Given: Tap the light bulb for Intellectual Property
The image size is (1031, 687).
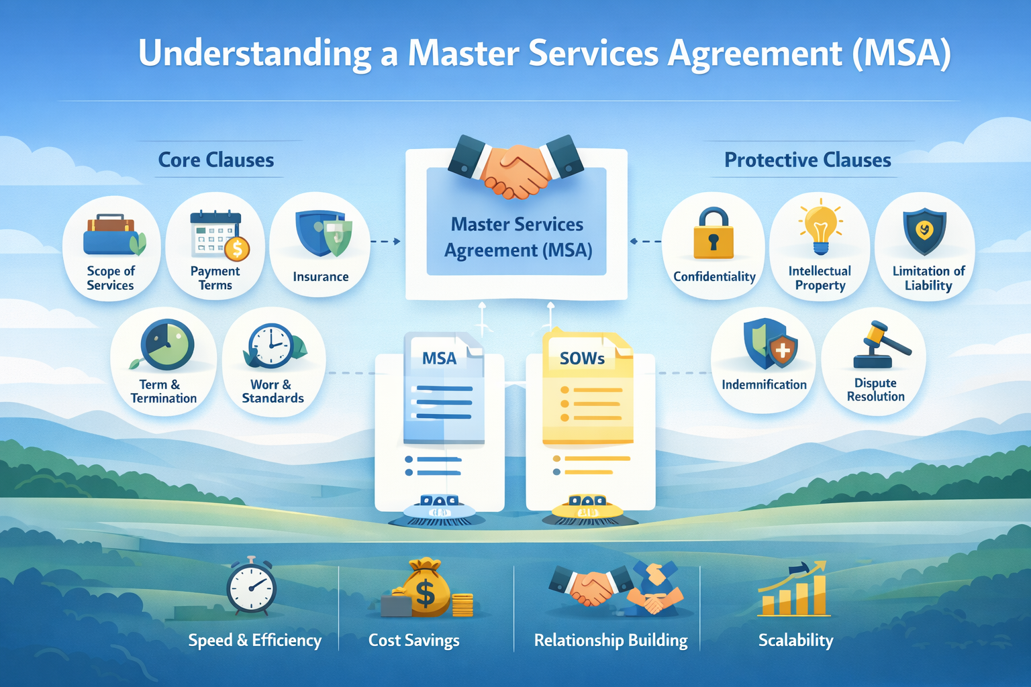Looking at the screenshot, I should tap(820, 228).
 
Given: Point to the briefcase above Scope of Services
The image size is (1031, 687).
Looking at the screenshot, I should tap(111, 236).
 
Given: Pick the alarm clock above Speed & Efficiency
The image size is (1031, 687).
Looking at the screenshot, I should tap(251, 586).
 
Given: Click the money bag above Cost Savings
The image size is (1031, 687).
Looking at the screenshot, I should tap(426, 589).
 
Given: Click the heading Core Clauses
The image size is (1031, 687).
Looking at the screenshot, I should tap(216, 160).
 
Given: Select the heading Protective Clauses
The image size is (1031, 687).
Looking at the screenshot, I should tap(807, 160).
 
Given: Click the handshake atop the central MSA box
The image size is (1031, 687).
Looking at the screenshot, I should tap(516, 168).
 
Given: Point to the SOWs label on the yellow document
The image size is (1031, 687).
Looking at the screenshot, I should tap(582, 359).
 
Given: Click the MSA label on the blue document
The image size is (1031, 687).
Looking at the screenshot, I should tap(439, 359).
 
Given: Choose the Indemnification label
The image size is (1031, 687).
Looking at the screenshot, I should tap(764, 384).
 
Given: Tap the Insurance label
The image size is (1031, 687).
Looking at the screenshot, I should tap(321, 276).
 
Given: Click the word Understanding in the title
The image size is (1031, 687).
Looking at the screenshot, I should tap(254, 54).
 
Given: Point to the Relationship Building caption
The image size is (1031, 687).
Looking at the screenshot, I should tap(611, 640).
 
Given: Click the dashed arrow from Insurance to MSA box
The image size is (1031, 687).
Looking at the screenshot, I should tap(386, 242).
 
